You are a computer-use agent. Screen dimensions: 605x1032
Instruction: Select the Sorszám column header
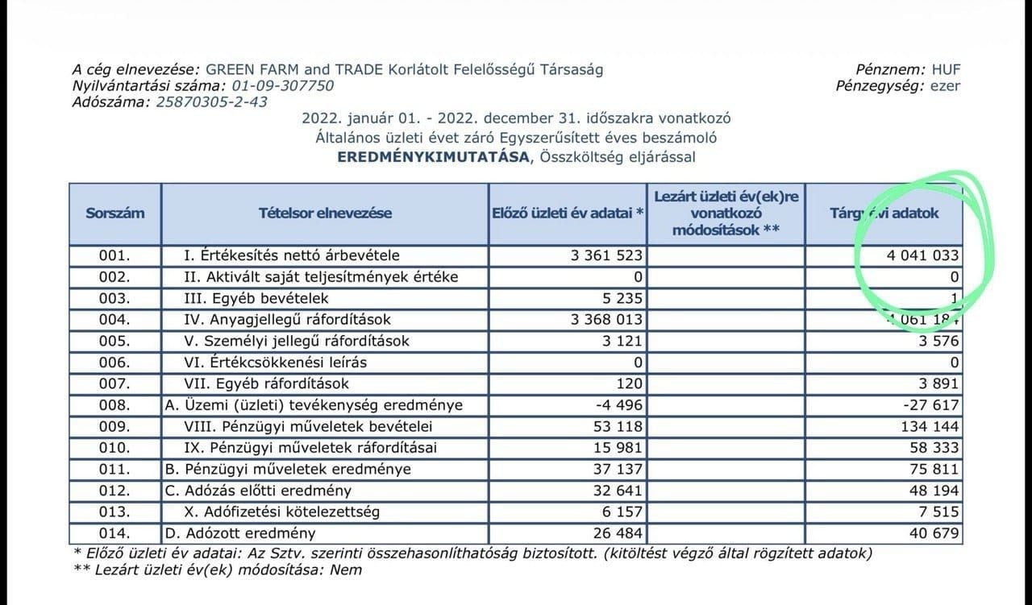pyautogui.click(x=115, y=213)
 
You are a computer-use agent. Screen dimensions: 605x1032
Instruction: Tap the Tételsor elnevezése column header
pyautogui.click(x=325, y=213)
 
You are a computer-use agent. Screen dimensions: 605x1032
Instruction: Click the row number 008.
pyautogui.click(x=114, y=405)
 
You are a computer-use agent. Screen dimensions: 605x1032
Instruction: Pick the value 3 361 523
pyautogui.click(x=606, y=256)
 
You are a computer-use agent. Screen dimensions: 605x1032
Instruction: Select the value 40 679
pyautogui.click(x=934, y=533)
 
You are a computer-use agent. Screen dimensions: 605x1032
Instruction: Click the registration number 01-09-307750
pyautogui.click(x=282, y=86)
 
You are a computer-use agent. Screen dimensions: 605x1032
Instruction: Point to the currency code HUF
pyautogui.click(x=946, y=70)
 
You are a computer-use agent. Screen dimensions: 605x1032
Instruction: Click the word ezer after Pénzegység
pyautogui.click(x=944, y=86)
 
